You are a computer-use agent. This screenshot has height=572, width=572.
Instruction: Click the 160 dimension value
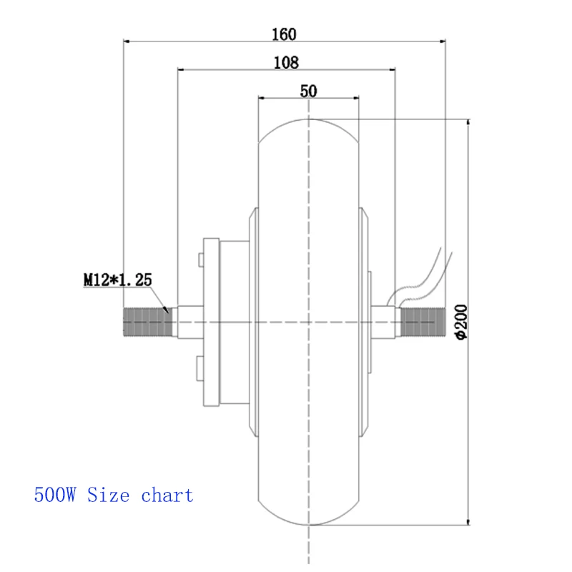click(x=284, y=34)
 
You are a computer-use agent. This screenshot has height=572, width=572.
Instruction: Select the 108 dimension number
click(x=286, y=62)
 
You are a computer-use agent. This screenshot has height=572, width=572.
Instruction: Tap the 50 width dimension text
click(x=308, y=90)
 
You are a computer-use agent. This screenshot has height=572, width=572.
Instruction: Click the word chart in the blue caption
click(x=167, y=495)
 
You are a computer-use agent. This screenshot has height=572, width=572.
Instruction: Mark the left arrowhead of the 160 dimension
click(x=129, y=42)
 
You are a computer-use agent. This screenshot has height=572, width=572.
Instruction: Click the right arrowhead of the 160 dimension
click(x=441, y=42)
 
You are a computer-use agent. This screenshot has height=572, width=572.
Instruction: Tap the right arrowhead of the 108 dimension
click(x=390, y=69)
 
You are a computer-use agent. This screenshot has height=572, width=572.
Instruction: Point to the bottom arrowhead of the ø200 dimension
click(x=468, y=521)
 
